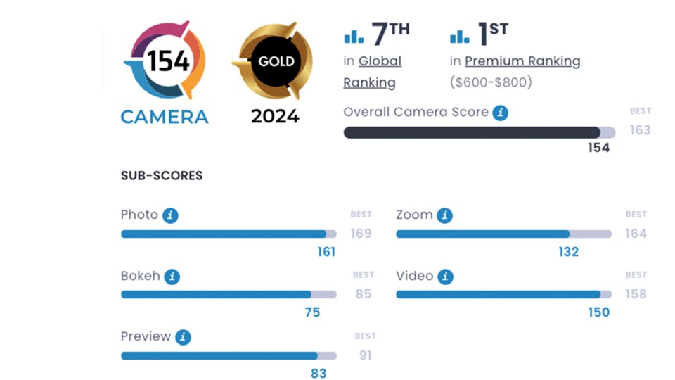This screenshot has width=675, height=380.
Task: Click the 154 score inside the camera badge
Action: tap(167, 61)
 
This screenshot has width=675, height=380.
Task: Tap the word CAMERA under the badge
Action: tap(165, 117)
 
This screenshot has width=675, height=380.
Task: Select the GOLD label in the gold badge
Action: tap(276, 61)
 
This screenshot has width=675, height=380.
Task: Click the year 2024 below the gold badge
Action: tap(275, 116)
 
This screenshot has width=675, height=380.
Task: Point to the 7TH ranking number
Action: tap(390, 34)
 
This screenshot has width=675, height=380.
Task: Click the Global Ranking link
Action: tap(372, 72)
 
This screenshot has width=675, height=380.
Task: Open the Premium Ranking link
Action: tap(522, 61)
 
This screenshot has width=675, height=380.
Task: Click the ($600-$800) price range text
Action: tap(491, 82)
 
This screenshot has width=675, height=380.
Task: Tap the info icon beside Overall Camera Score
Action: tap(500, 113)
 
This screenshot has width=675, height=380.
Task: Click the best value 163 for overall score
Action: tap(640, 130)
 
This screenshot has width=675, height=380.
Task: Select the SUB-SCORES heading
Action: tap(162, 176)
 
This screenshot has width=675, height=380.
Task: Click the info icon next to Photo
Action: tap(170, 215)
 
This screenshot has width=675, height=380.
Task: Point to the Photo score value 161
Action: tap(326, 252)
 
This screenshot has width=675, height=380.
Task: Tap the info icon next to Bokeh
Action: tap(172, 277)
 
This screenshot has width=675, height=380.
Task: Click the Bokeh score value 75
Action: tap(312, 312)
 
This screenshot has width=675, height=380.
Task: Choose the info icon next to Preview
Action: tap(183, 337)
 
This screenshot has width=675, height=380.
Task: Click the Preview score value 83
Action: tap(319, 374)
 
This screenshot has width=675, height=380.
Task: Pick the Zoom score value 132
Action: tap(568, 252)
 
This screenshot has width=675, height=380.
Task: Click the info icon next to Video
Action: tap(445, 277)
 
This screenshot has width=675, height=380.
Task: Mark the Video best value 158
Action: tap(636, 293)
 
